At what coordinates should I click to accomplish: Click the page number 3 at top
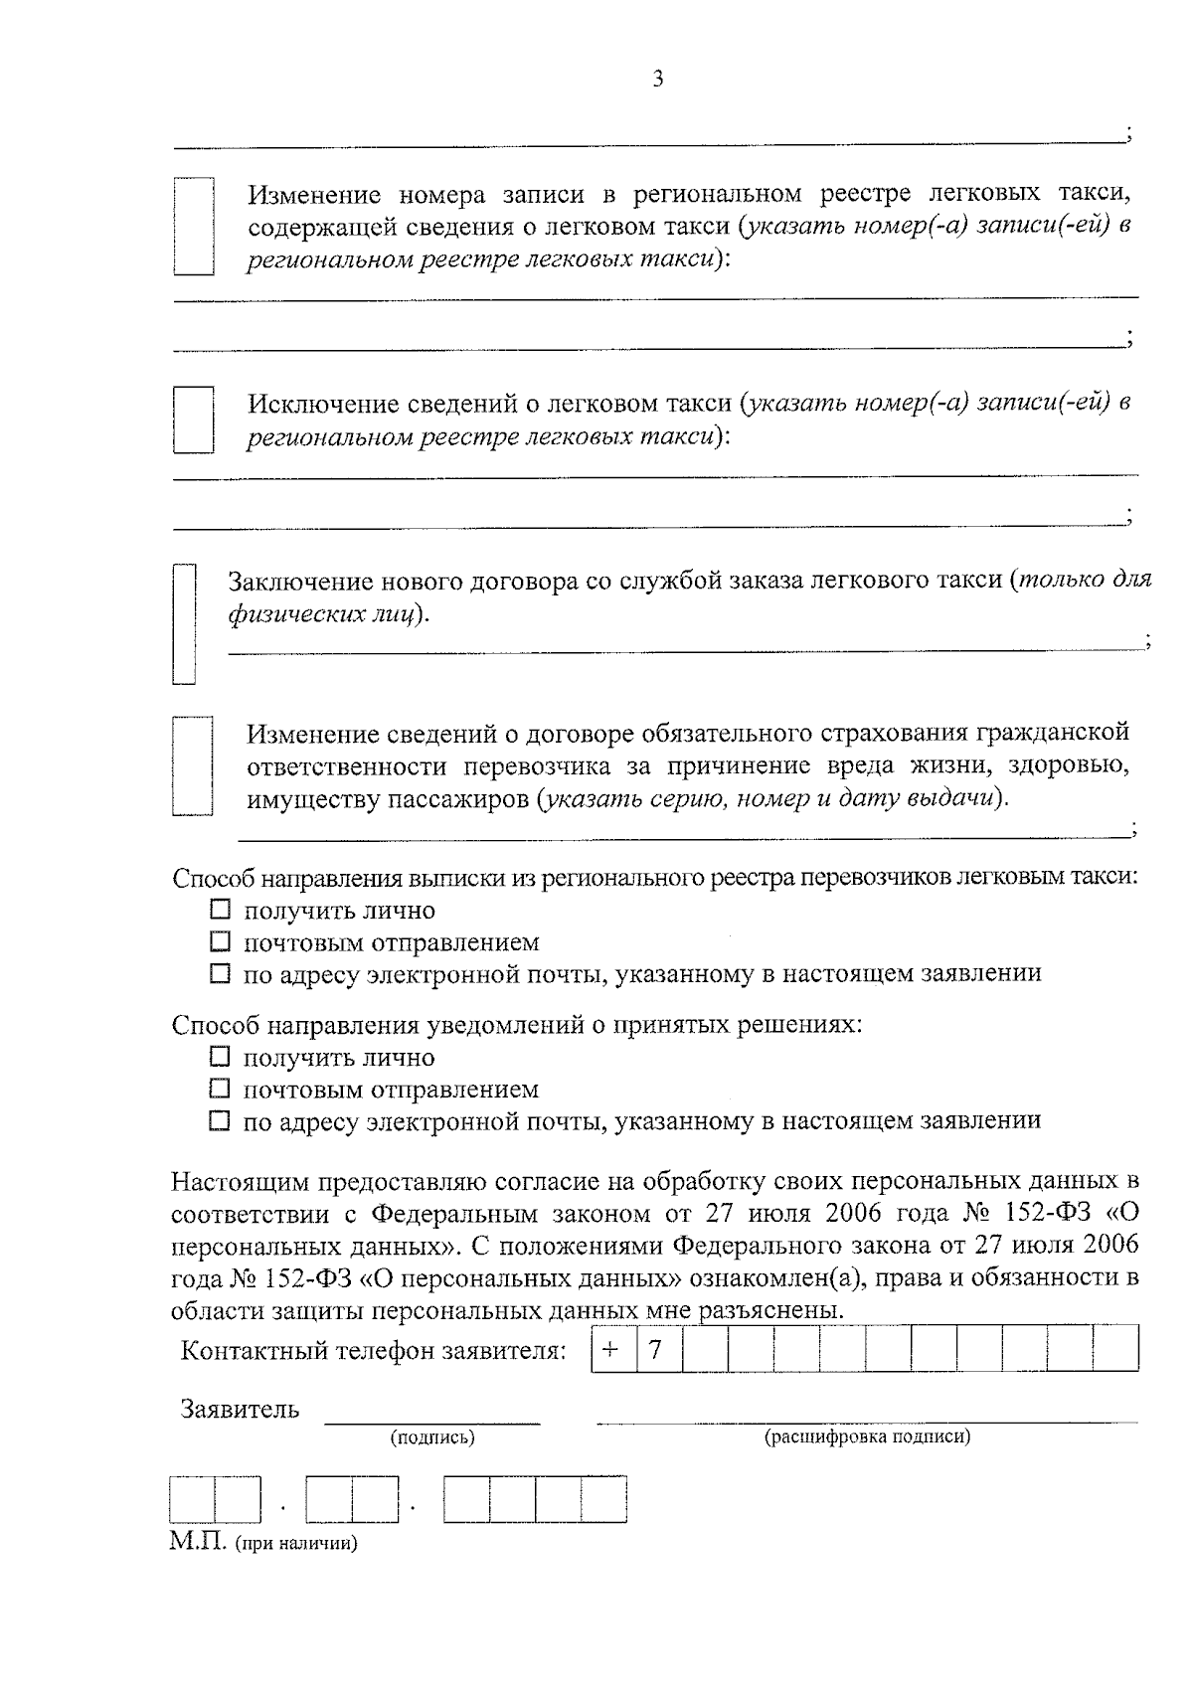[x=657, y=80]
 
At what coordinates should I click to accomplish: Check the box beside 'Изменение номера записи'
[x=194, y=226]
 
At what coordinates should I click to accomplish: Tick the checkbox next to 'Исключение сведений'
[x=194, y=420]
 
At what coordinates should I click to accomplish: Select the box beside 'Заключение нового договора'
[x=185, y=623]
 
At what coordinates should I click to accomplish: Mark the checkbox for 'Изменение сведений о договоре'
[x=192, y=765]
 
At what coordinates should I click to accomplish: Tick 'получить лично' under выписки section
[x=220, y=910]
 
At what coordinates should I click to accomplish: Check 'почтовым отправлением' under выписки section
[x=220, y=941]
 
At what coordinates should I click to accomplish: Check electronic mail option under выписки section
[x=220, y=973]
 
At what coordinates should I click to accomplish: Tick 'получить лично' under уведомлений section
[x=220, y=1057]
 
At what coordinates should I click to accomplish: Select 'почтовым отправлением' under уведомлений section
[x=220, y=1089]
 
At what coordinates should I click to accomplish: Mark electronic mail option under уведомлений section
[x=220, y=1121]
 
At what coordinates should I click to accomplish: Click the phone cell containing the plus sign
[x=612, y=1349]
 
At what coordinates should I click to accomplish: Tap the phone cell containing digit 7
[x=657, y=1349]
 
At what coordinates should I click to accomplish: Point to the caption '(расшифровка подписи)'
[x=866, y=1436]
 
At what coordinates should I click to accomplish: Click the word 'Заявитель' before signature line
[x=240, y=1409]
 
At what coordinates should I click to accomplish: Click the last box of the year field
[x=603, y=1499]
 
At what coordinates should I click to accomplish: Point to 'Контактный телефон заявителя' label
[x=374, y=1351]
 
